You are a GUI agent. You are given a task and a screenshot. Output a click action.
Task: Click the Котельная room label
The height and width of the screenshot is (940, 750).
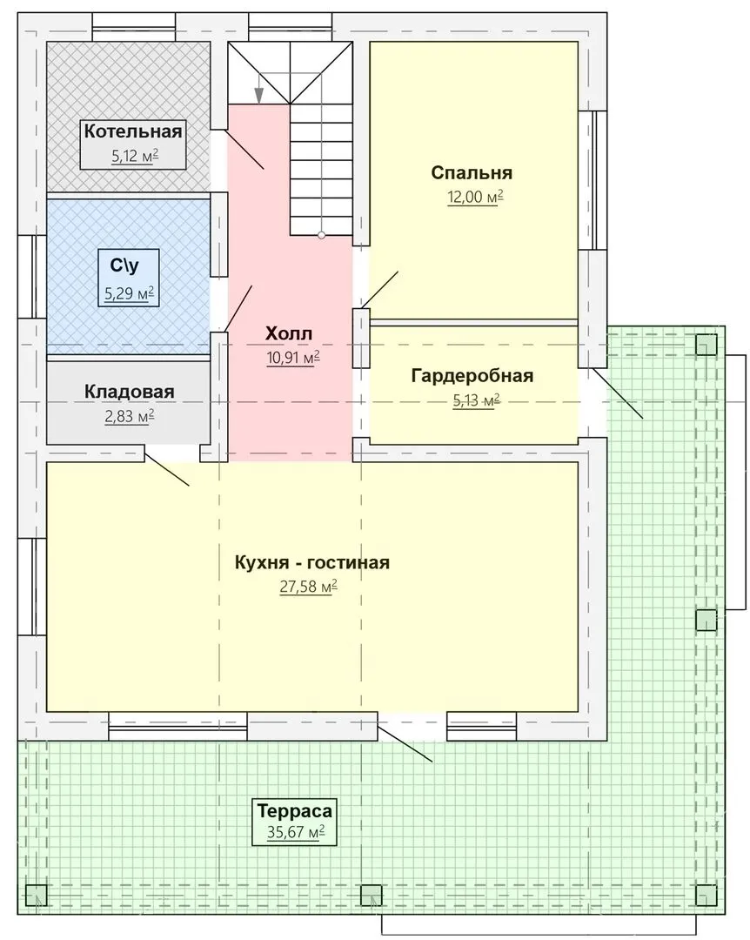pos(132,131)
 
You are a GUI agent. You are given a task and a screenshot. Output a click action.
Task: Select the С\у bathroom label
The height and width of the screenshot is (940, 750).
pos(124,265)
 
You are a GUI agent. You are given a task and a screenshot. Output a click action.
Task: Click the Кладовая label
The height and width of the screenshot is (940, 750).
pos(129,392)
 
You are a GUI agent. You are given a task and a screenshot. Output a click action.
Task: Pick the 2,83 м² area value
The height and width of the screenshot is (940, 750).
pos(130,417)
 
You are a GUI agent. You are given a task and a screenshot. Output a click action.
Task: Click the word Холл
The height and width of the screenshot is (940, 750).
pos(288,333)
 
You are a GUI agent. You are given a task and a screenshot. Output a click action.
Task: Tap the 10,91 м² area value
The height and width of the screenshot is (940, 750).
pos(292,359)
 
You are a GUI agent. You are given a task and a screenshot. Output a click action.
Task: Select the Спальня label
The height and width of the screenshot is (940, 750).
pos(472,172)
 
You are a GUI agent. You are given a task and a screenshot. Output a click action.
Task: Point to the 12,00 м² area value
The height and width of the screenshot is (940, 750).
pos(475,198)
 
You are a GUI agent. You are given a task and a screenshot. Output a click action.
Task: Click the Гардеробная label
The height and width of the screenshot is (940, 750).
pos(472,376)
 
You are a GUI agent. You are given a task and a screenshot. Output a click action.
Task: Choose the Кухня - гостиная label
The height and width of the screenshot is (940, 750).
pos(311,563)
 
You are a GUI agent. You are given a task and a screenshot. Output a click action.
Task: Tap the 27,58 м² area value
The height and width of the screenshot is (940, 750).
pos(308,587)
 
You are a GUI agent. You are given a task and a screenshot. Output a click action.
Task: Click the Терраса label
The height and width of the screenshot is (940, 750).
pos(294,811)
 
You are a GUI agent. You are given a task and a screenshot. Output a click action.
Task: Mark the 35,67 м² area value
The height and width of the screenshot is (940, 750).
pos(296,833)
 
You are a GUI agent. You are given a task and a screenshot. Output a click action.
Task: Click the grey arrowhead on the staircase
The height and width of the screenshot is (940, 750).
pos(258,96)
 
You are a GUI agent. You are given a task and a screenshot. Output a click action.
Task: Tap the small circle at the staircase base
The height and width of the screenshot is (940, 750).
pos(321,235)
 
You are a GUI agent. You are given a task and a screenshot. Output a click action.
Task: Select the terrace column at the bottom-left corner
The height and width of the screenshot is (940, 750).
pos(37,895)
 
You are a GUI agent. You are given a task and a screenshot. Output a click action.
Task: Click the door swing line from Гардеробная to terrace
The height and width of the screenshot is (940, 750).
pos(618,393)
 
